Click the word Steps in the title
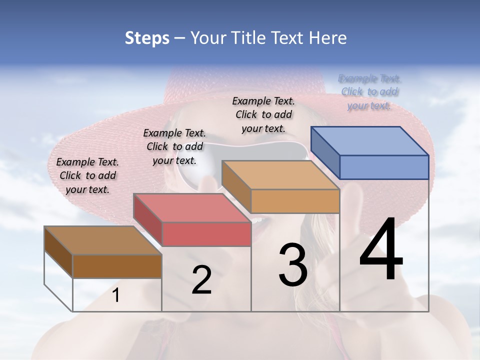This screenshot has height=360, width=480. coord(147,38)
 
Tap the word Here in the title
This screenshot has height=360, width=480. coord(328,38)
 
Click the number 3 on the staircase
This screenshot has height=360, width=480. coord(293,265)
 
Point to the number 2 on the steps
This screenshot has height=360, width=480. coord(201,279)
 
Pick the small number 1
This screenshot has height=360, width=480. coord(115,295)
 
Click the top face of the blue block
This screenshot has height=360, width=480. coord(370,140)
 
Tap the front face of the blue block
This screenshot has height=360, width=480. coord(384,167)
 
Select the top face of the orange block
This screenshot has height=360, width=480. coord(280,175)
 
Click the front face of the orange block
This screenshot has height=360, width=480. coord(295,201)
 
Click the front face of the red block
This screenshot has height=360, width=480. coord(206,234)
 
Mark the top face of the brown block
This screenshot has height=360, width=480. coord(102,240)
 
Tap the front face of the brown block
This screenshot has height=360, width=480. coord(117,266)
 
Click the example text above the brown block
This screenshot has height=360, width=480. coord(87,175)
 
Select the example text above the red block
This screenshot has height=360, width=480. coord(174,146)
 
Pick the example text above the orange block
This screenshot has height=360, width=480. coord(263,114)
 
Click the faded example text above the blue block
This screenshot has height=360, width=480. coord(369,92)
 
